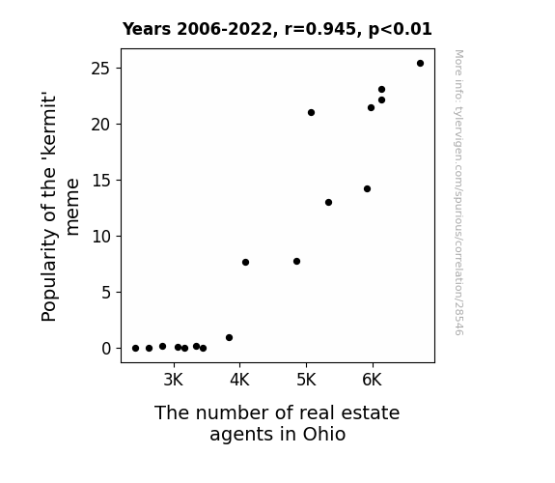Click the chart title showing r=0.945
277,29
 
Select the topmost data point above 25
420,64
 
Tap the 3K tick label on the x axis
174,380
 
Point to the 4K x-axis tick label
239,380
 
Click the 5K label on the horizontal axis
306,380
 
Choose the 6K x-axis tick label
373,380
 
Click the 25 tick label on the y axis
101,69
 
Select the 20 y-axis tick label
101,125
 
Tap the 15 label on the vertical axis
101,181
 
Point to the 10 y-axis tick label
101,237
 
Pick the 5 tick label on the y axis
106,293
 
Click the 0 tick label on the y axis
106,349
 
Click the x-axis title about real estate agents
277,423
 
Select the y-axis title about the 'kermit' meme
60,207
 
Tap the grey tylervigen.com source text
458,192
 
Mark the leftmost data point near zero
135,349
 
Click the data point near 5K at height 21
311,113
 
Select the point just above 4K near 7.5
245,262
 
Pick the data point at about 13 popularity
328,202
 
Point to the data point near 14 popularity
367,189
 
